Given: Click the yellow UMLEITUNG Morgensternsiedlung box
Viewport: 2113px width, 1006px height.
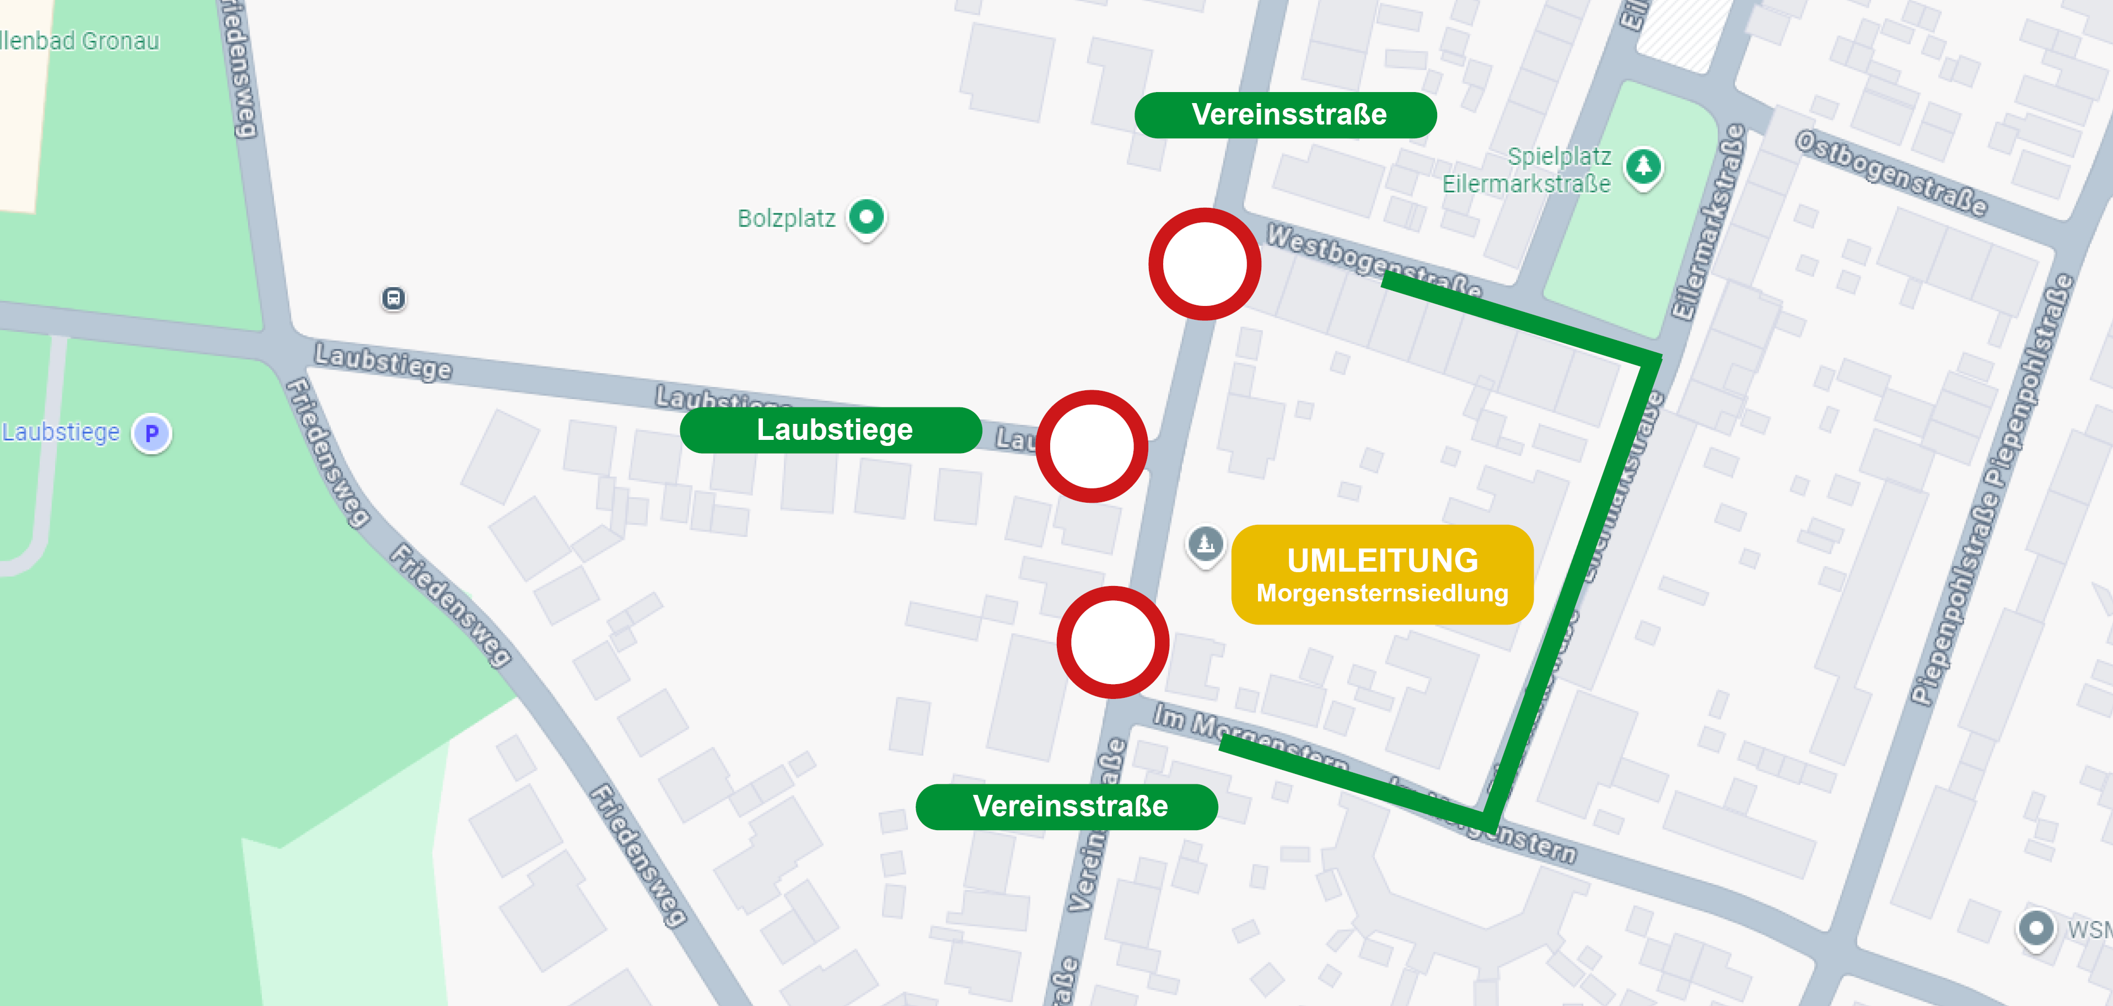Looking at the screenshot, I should tap(1382, 575).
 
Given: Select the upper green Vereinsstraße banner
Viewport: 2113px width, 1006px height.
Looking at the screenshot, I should tap(1286, 115).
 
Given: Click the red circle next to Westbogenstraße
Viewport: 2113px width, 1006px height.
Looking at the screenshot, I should tap(1204, 264).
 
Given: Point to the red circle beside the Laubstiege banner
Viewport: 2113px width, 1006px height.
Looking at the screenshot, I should tap(1092, 446).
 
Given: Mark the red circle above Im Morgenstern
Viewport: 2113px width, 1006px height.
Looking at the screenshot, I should tap(1112, 642).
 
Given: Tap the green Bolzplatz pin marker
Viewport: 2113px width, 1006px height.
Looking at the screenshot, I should tap(866, 217).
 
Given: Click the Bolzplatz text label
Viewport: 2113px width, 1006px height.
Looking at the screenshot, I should tap(786, 219).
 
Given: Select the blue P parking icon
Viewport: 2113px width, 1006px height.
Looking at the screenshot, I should tap(152, 433).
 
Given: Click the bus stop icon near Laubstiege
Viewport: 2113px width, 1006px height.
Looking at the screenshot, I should tap(394, 298).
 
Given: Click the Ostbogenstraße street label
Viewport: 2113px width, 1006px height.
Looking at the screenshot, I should tap(1891, 173).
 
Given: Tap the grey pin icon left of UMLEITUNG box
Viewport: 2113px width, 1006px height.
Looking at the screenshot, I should tap(1205, 544).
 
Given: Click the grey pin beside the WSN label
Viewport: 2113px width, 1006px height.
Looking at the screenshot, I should tap(2035, 929).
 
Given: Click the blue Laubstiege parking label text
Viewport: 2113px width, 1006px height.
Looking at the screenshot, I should tap(61, 432).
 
